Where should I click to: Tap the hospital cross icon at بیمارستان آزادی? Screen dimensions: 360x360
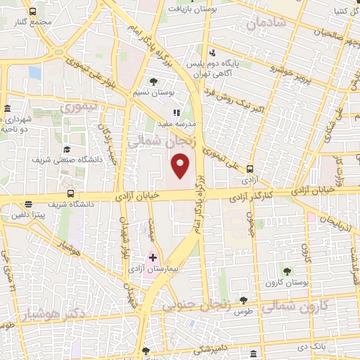(x=153, y=258)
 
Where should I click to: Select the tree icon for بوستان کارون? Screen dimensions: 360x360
(x=287, y=271)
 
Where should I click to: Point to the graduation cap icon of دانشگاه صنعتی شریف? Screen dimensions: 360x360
(x=67, y=149)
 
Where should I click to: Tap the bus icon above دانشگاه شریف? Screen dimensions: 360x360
(x=70, y=194)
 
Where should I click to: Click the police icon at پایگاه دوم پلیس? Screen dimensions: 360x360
(x=212, y=53)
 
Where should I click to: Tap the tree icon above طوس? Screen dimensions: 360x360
(x=243, y=300)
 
